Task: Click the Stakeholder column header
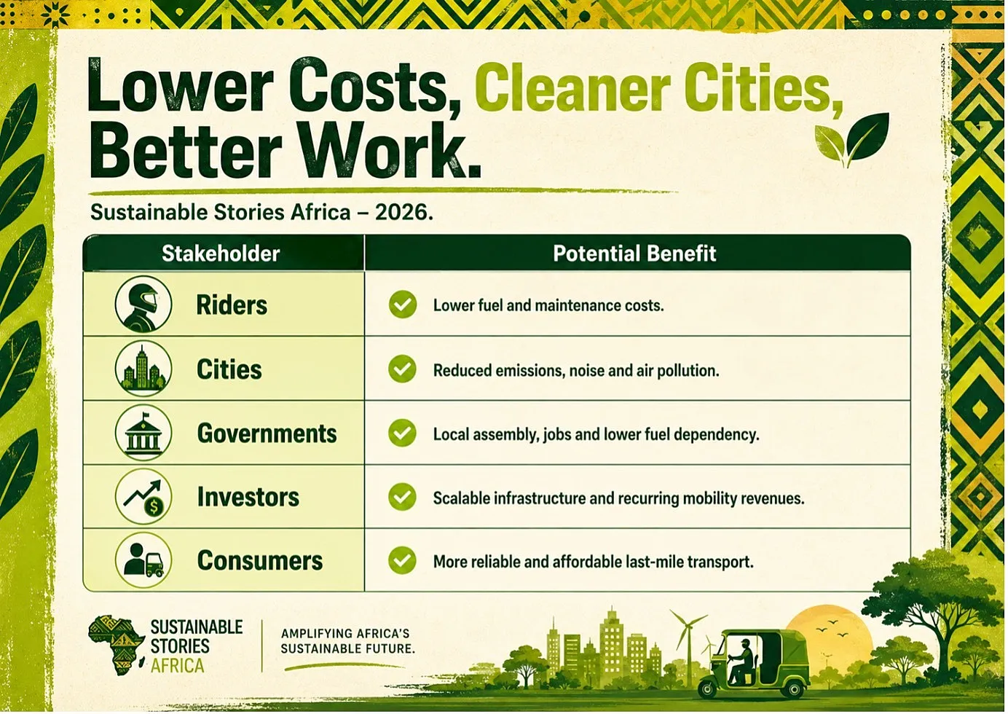point(221,254)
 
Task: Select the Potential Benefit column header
point(634,254)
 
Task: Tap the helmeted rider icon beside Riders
point(143,304)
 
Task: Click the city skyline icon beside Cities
point(143,368)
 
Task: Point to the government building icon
point(143,433)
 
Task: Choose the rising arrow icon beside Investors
point(143,497)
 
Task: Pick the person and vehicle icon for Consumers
point(143,560)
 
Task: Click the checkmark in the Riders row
point(402,305)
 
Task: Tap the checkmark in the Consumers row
point(402,560)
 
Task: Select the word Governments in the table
point(267,433)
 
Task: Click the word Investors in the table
point(248,498)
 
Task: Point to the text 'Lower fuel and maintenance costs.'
point(548,306)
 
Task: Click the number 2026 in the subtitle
point(401,213)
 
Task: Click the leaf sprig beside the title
point(851,140)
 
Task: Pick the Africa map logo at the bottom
point(116,646)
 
